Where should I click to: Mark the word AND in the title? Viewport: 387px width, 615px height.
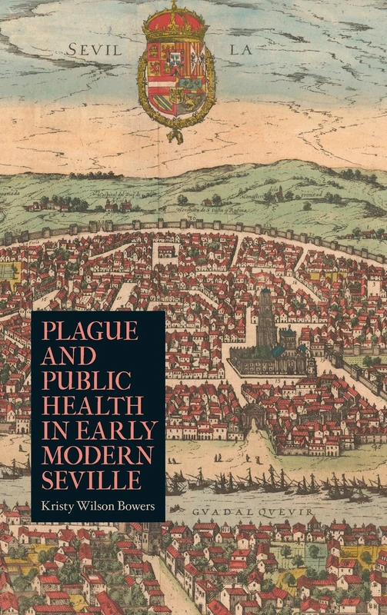(x=68, y=355)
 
